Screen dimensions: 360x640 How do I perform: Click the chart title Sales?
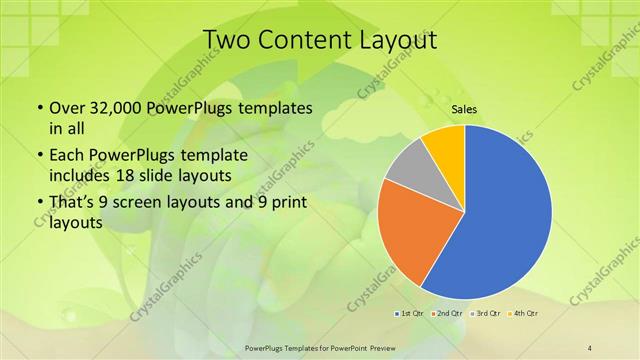click(x=464, y=110)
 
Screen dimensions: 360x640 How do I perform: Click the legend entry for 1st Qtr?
click(x=408, y=313)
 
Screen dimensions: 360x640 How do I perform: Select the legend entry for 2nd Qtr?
click(x=447, y=313)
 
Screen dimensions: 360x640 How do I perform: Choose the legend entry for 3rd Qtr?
click(x=486, y=313)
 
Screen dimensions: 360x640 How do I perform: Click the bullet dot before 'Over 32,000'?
click(x=39, y=108)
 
